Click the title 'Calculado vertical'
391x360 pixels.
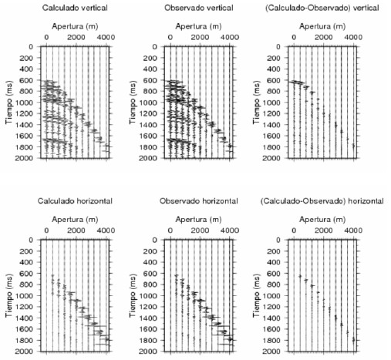coord(75,8)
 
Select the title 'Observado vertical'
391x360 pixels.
coord(199,8)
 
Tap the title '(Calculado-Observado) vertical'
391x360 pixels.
coord(322,8)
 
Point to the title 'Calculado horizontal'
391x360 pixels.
coord(75,201)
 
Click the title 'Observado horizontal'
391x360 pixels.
coord(199,201)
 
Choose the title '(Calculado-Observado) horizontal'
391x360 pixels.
coord(322,201)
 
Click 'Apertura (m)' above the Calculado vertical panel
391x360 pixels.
coord(75,26)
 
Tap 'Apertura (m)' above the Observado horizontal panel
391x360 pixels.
coord(199,220)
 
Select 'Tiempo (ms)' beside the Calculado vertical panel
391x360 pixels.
coord(9,103)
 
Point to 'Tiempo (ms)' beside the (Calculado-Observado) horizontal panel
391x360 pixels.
coord(257,295)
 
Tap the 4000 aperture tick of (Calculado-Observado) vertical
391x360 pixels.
coord(353,37)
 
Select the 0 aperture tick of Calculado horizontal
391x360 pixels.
coord(46,230)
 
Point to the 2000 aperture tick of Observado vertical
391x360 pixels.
coord(200,37)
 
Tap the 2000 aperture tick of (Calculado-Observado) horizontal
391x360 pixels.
coord(323,230)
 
